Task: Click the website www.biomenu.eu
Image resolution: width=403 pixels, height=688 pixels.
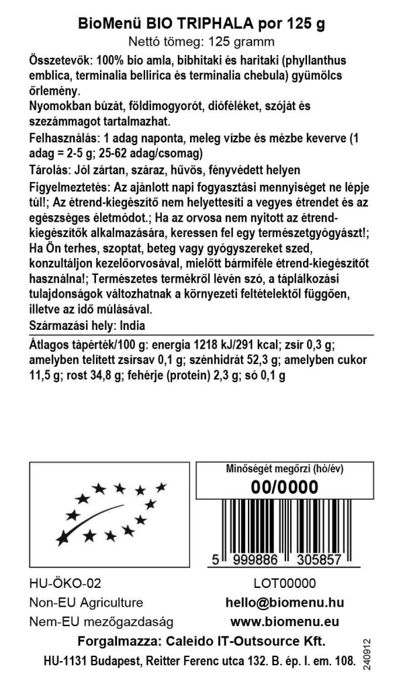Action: pyautogui.click(x=284, y=621)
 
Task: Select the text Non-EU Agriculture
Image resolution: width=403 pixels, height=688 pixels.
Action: pyautogui.click(x=86, y=603)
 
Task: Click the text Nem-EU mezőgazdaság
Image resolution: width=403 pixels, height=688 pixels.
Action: pyautogui.click(x=101, y=621)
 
